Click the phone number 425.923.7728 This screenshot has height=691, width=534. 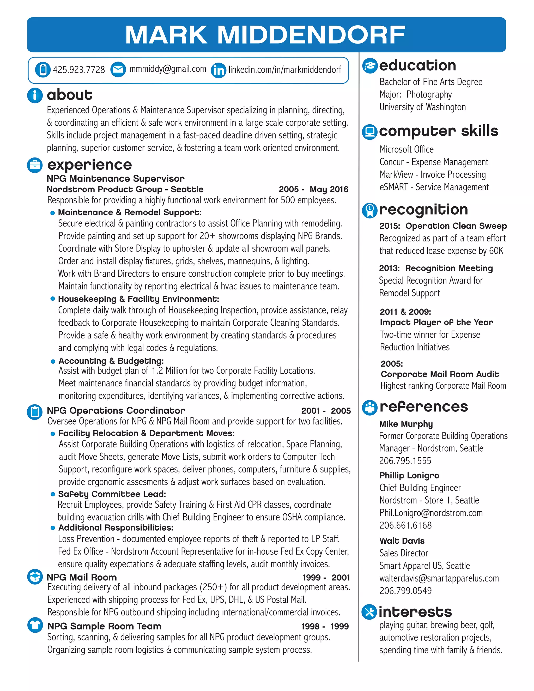coord(79,70)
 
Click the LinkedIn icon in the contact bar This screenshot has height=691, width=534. coord(218,70)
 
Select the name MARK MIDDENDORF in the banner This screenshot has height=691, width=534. coord(265,34)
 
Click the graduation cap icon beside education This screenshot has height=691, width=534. coord(370,66)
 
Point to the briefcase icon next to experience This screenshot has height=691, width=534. coord(35,165)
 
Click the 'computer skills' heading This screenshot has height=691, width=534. coord(439,131)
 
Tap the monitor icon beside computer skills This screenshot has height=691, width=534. coord(369,132)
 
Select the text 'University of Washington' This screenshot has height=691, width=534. coord(422,107)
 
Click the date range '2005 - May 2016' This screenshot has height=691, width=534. coord(313,189)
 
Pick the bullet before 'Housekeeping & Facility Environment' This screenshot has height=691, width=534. coord(53,299)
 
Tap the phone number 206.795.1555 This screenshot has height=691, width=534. coord(405,461)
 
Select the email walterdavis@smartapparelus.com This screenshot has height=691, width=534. coord(439,578)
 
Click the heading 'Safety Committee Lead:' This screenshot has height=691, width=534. coord(112,494)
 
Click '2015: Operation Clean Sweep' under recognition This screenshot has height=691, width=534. coord(443,226)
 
